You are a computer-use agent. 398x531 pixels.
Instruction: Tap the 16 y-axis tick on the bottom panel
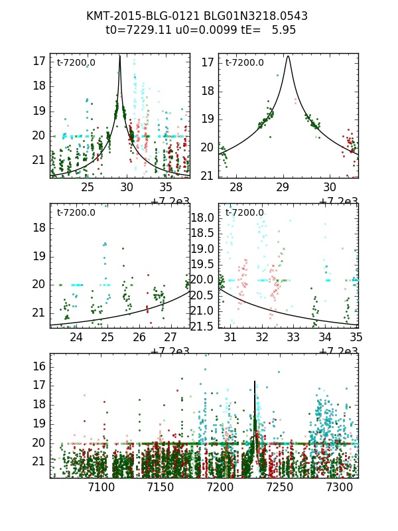[x=40, y=366]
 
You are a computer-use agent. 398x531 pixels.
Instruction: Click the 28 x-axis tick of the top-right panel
[x=237, y=188]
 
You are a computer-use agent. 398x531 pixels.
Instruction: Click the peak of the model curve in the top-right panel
[x=288, y=56]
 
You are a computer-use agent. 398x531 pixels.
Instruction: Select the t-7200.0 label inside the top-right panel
[x=245, y=63]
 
